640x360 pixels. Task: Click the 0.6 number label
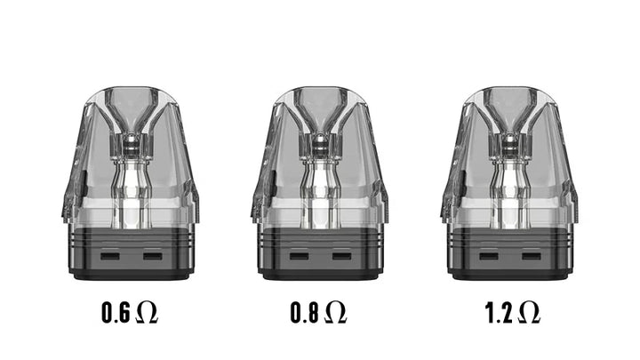pos(116,313)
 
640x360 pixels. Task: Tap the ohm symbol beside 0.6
pos(146,313)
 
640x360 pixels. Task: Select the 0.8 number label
pos(305,313)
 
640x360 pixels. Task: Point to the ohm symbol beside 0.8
pos(336,313)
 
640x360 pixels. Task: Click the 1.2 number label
pos(499,313)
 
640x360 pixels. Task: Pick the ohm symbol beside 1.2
pos(529,313)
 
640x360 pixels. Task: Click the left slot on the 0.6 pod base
pos(110,256)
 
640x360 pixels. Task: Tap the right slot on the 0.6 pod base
pos(153,256)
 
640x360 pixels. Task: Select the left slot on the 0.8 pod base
pos(300,256)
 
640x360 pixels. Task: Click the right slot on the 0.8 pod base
pos(341,256)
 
